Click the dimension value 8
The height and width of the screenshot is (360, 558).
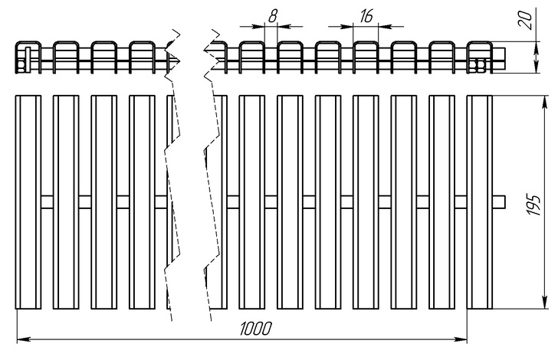coord(272,15)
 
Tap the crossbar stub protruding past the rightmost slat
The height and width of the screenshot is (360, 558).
coord(501,201)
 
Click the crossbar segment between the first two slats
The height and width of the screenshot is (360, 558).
coord(47,201)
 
